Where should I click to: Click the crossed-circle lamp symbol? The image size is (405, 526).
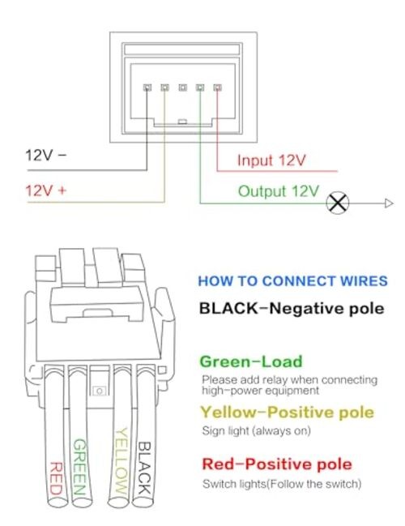pos(337,203)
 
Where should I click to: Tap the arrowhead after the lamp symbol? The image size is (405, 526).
pos(389,203)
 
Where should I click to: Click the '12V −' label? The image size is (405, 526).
pos(46,156)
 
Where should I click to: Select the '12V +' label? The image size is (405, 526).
pos(46,190)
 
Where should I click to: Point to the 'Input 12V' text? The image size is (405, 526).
pos(271,160)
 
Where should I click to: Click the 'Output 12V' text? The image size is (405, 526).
pos(279,191)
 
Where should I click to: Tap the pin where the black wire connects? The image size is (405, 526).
pos(147,88)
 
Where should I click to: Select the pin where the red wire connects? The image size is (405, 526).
pos(218,88)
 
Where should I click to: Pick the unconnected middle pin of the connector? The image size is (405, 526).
pos(182,88)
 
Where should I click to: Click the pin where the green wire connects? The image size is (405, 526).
pos(200,88)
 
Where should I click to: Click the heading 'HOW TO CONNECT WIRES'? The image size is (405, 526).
pos(292,280)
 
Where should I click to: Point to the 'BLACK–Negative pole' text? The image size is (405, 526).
pos(292,308)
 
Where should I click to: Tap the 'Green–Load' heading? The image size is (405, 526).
pos(251,361)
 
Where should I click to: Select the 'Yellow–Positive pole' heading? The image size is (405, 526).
pos(287,413)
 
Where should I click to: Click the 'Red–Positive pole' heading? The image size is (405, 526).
pos(277,464)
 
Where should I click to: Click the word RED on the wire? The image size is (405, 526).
pos(56,478)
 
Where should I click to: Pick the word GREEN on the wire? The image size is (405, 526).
pos(80,467)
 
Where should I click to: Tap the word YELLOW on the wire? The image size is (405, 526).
pos(122,460)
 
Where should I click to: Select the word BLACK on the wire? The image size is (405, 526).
pos(145,468)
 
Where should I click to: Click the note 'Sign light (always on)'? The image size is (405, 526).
pos(257,430)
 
